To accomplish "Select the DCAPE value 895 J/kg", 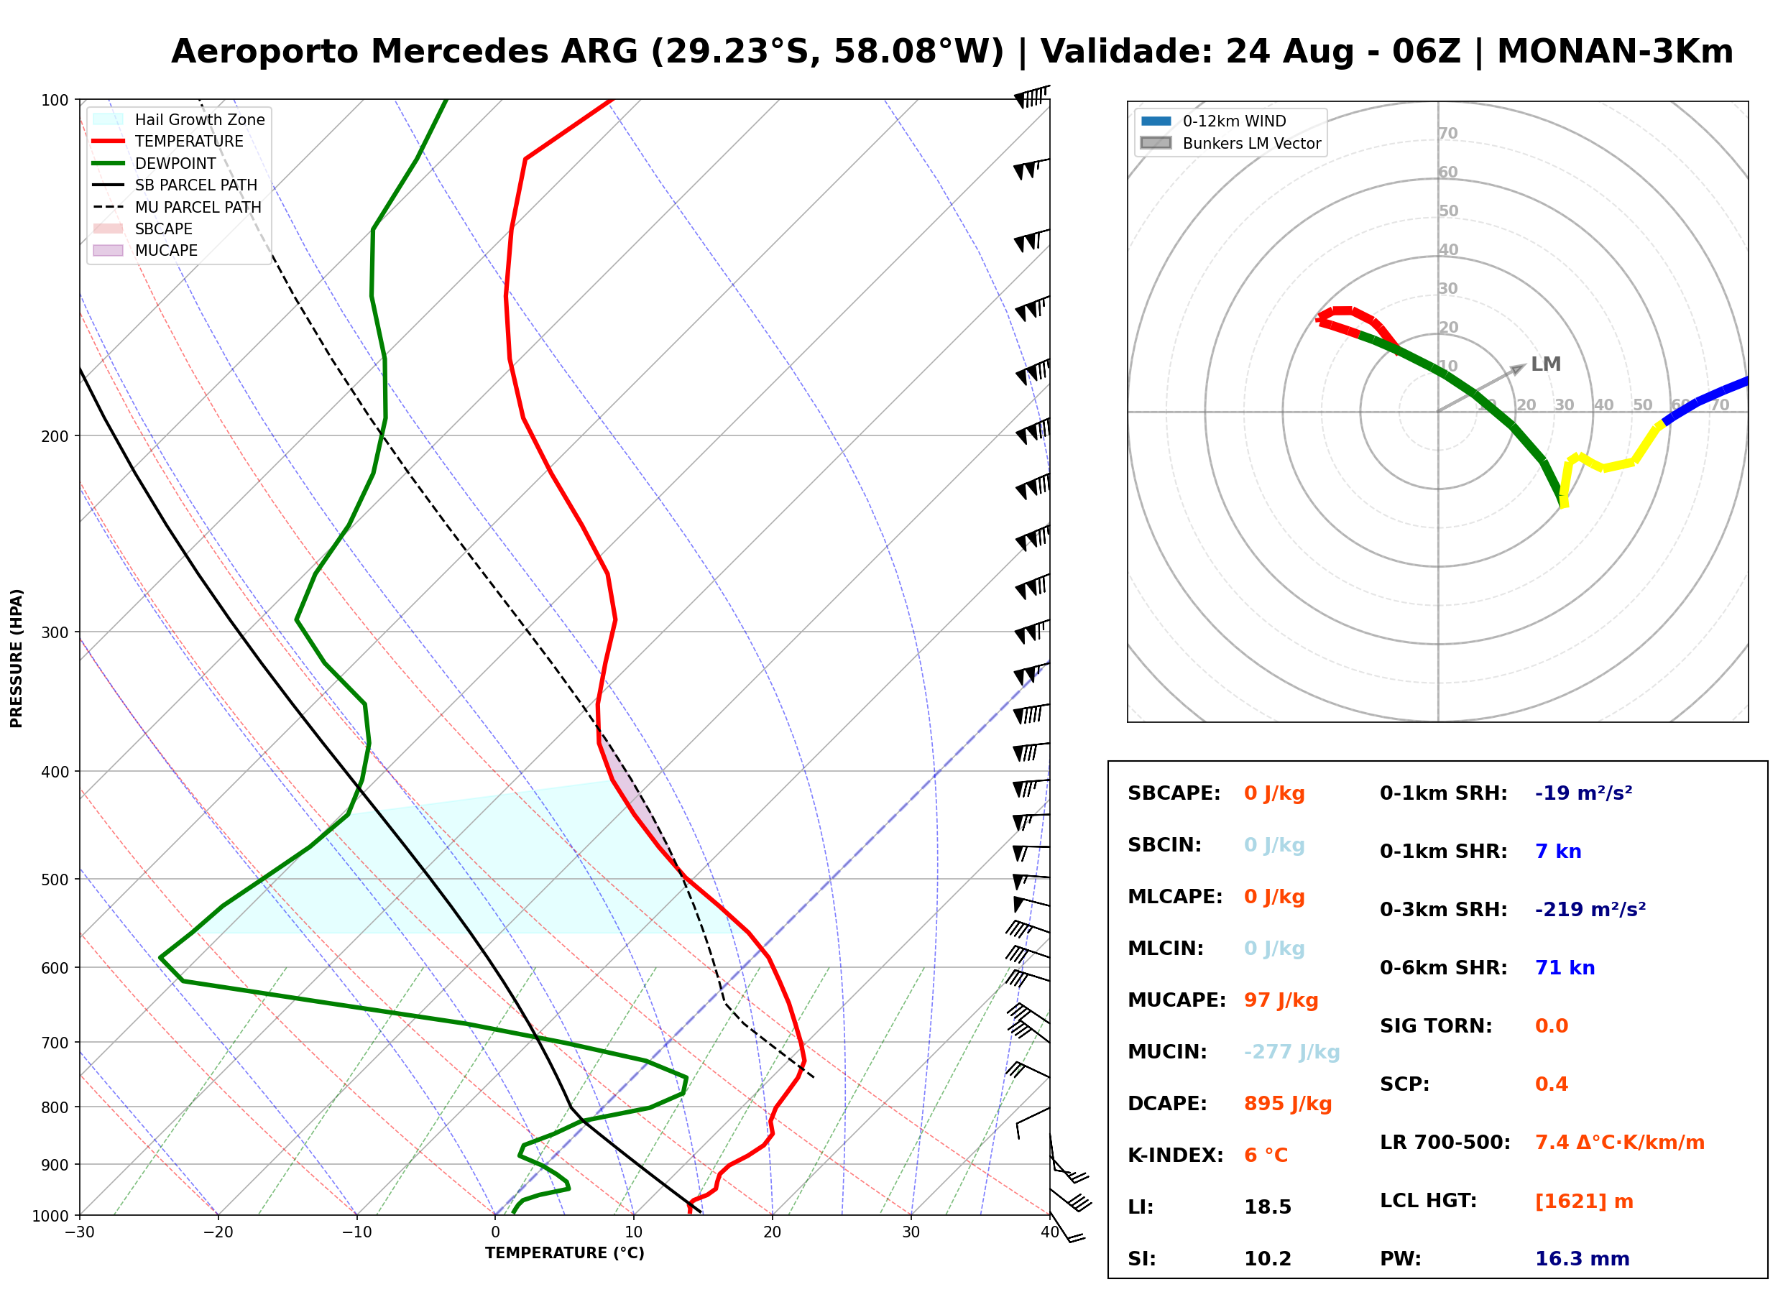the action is point(1288,1104).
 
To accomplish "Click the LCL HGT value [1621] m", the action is point(1584,1201).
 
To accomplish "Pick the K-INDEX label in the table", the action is point(1176,1155).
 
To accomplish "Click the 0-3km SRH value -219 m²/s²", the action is point(1590,910).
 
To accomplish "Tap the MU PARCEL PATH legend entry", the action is point(177,207).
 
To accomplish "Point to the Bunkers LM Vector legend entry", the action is point(1230,143).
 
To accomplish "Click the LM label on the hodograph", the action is point(1546,364).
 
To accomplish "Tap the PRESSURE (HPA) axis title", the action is point(17,658).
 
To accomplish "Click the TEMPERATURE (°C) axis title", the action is point(565,1254).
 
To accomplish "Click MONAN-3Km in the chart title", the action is point(1615,52).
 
